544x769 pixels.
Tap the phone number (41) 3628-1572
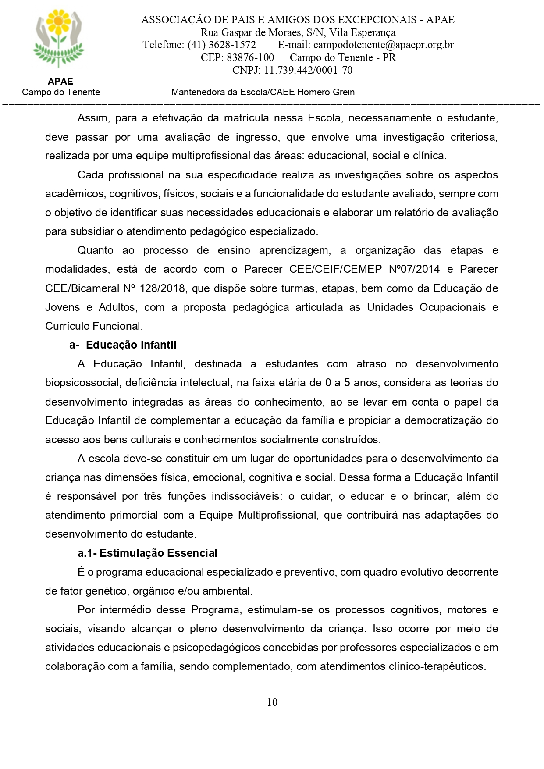pos(221,45)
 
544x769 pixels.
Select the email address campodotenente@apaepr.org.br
pos(384,45)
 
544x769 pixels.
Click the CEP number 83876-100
pos(250,57)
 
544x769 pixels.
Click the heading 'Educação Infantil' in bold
pos(131,345)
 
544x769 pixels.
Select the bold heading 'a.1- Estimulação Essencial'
pos(147,553)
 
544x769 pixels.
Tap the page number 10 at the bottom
pos(272,702)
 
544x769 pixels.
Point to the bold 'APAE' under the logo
pos(60,82)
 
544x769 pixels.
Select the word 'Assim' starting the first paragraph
pos(91,118)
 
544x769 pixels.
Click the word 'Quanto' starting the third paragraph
pos(95,250)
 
